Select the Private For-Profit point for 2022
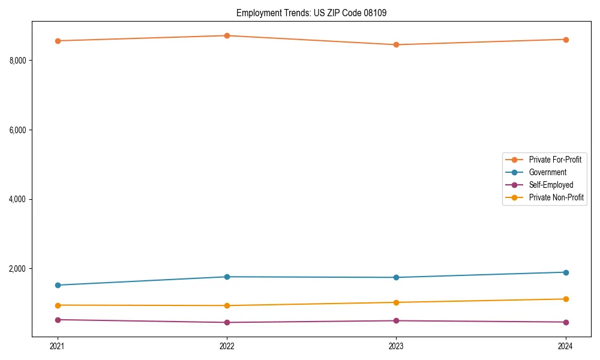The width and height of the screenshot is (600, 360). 227,35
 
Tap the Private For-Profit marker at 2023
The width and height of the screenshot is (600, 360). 396,44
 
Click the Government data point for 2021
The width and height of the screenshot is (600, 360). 58,285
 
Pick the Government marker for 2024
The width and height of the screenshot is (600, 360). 566,272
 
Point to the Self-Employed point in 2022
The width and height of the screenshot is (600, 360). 227,322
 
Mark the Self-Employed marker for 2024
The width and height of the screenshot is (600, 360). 566,322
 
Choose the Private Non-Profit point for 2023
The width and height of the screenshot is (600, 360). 396,302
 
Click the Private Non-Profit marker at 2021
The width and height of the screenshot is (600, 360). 58,305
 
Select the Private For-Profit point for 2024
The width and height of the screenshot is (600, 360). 566,40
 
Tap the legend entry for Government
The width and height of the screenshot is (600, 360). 547,172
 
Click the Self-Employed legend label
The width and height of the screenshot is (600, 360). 551,185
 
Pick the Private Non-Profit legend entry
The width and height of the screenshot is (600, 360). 556,197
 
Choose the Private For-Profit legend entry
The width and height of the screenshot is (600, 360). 554,160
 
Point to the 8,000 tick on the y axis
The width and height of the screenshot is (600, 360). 17,61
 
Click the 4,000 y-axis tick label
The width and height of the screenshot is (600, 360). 17,199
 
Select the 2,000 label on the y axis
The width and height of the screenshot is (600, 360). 17,269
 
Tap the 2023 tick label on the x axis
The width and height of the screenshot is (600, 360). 396,346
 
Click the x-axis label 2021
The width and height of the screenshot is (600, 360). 58,346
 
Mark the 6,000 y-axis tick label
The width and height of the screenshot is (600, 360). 17,130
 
